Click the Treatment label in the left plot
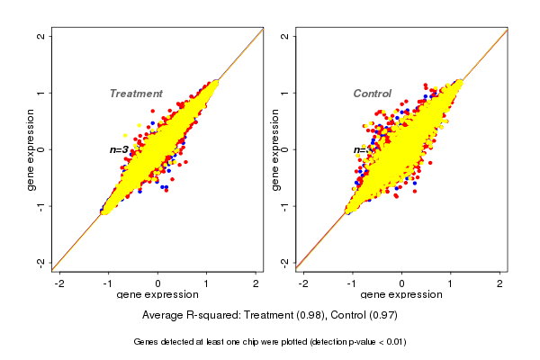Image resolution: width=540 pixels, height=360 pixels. tap(136, 94)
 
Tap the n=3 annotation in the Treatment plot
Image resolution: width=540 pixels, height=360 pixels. tap(120, 149)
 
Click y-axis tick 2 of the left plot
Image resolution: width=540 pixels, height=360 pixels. tap(41, 37)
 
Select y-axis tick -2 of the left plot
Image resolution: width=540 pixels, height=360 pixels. tap(41, 262)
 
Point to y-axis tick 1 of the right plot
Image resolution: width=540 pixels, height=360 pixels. tap(285, 93)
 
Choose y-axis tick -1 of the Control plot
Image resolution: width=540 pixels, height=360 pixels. tap(285, 205)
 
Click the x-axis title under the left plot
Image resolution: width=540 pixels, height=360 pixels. tap(157, 295)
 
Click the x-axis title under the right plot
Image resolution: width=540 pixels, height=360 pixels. tap(401, 295)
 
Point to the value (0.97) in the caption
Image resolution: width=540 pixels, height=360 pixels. tap(382, 316)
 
